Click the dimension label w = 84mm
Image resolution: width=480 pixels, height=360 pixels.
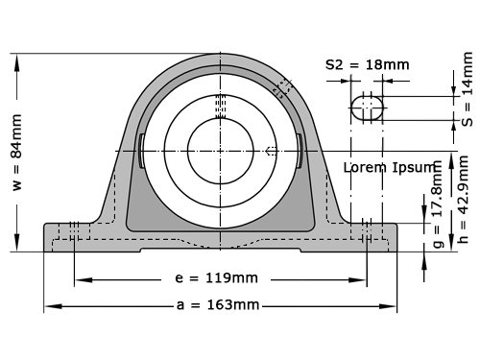(17, 153)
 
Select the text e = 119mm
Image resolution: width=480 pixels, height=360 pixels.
(216, 278)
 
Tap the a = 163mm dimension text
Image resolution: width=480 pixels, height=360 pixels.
(218, 305)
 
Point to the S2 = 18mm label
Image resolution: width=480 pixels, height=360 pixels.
(368, 65)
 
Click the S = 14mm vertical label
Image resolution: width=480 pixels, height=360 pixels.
(468, 89)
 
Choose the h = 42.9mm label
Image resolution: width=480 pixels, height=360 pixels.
(463, 199)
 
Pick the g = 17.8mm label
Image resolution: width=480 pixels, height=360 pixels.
(438, 204)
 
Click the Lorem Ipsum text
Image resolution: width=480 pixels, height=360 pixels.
(390, 167)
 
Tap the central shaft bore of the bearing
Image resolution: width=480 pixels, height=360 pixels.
(221, 151)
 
